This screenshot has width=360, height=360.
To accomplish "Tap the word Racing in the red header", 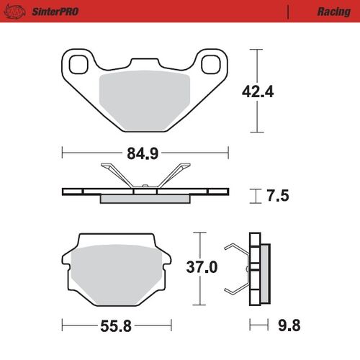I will pos(333,12).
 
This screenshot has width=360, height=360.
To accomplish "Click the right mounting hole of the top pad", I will pos(212,65).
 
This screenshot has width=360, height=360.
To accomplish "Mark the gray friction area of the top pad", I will pos(144,101).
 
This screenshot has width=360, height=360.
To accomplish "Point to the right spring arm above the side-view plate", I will pos(175,175).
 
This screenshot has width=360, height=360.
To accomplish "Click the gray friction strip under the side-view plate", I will pos(144,199).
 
